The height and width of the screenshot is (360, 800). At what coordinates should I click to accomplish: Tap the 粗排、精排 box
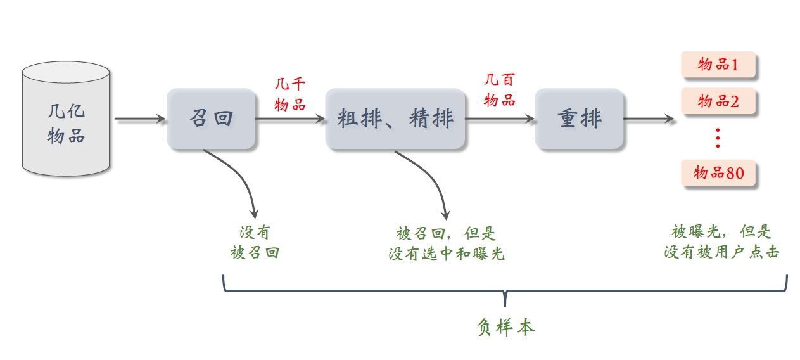[x=395, y=119]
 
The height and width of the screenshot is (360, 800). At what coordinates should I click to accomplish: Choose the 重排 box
[x=579, y=119]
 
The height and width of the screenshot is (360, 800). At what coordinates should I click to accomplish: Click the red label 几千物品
[x=290, y=94]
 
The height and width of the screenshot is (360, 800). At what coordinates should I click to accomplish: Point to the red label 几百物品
[x=500, y=89]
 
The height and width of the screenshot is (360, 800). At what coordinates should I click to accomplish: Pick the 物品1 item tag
[x=718, y=64]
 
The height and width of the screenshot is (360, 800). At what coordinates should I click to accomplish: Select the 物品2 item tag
[x=718, y=101]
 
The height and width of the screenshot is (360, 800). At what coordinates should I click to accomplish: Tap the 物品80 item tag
[x=718, y=173]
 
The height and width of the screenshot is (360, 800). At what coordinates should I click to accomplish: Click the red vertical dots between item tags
[x=718, y=138]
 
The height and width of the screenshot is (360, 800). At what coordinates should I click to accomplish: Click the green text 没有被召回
[x=255, y=243]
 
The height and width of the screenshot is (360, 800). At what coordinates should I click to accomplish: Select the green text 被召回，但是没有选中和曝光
[x=446, y=243]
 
